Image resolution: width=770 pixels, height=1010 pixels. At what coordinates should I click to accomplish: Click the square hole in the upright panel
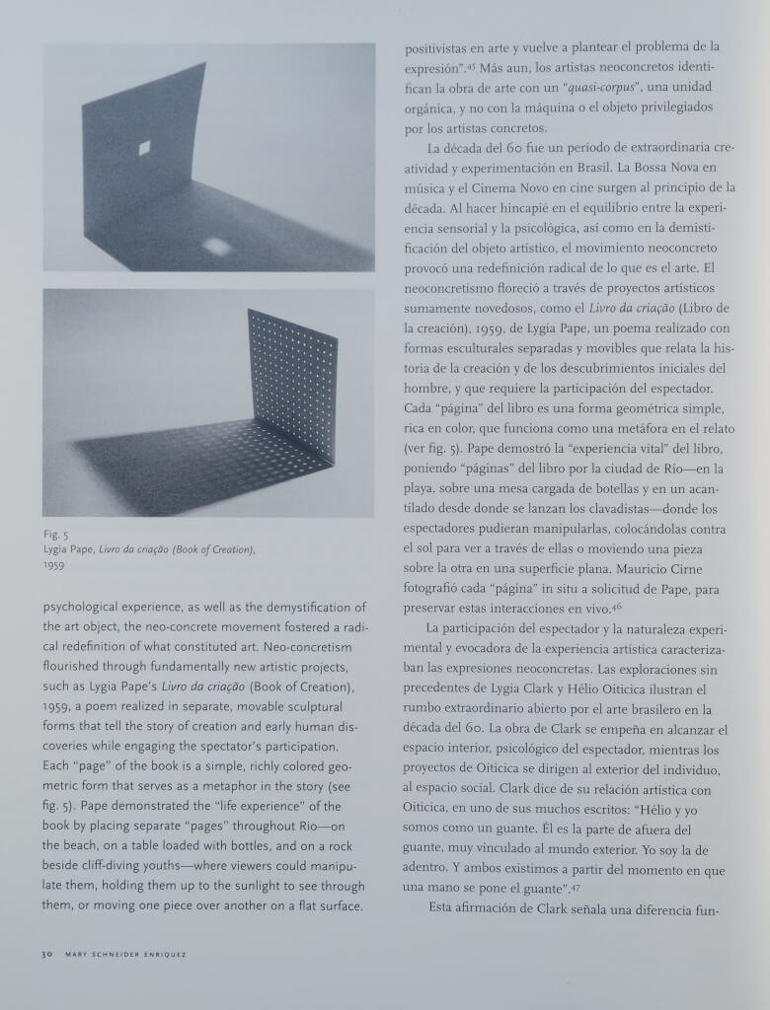pos(145,148)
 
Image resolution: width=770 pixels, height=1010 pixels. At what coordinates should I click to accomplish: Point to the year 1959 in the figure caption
pos(53,566)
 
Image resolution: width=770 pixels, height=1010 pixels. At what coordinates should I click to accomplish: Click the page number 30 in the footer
pos(46,954)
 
